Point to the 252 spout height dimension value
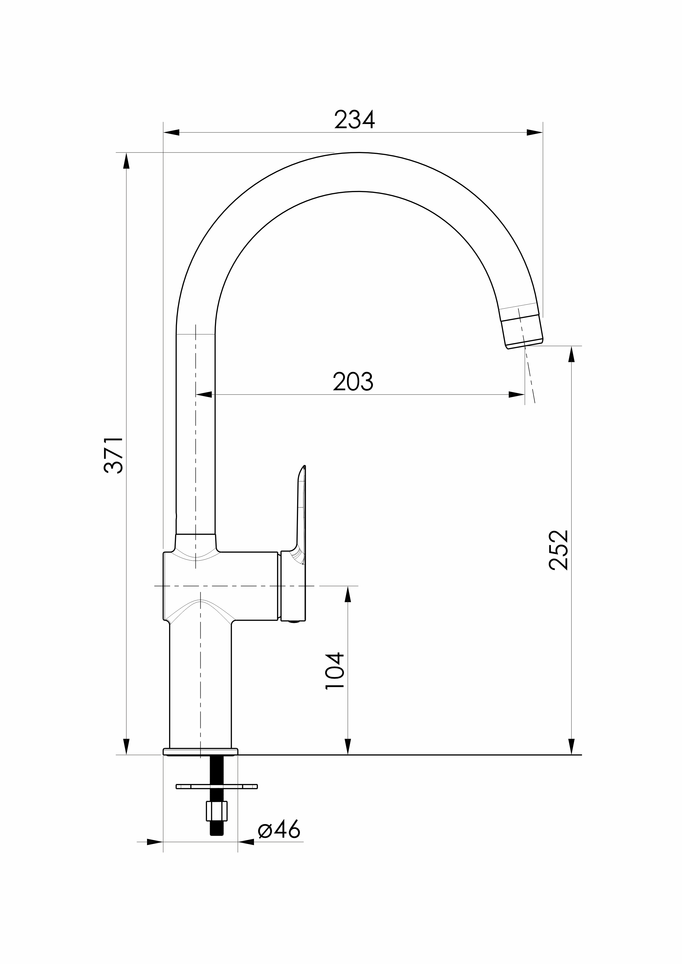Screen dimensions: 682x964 (x=559, y=550)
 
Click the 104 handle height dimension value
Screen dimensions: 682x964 (x=335, y=671)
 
